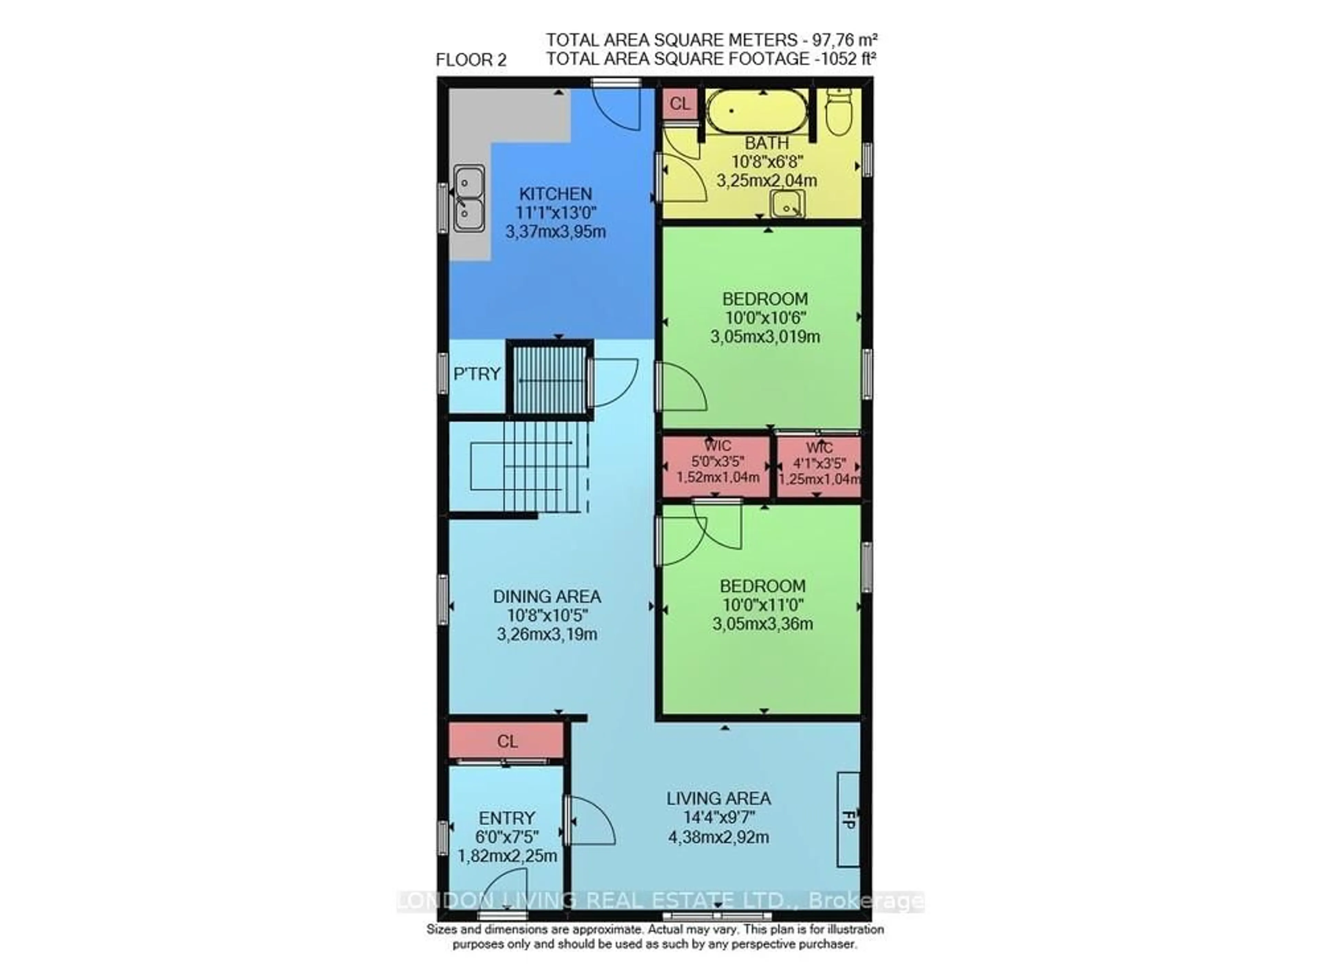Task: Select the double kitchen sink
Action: coord(469,198)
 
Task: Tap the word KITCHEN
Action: coord(555,194)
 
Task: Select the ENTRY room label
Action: coord(506,818)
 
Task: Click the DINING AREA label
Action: coord(547,596)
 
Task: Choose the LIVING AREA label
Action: coord(719,799)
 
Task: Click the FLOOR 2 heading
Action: coord(471,60)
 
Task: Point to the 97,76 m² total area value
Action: coord(841,40)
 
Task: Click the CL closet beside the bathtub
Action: coord(679,104)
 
